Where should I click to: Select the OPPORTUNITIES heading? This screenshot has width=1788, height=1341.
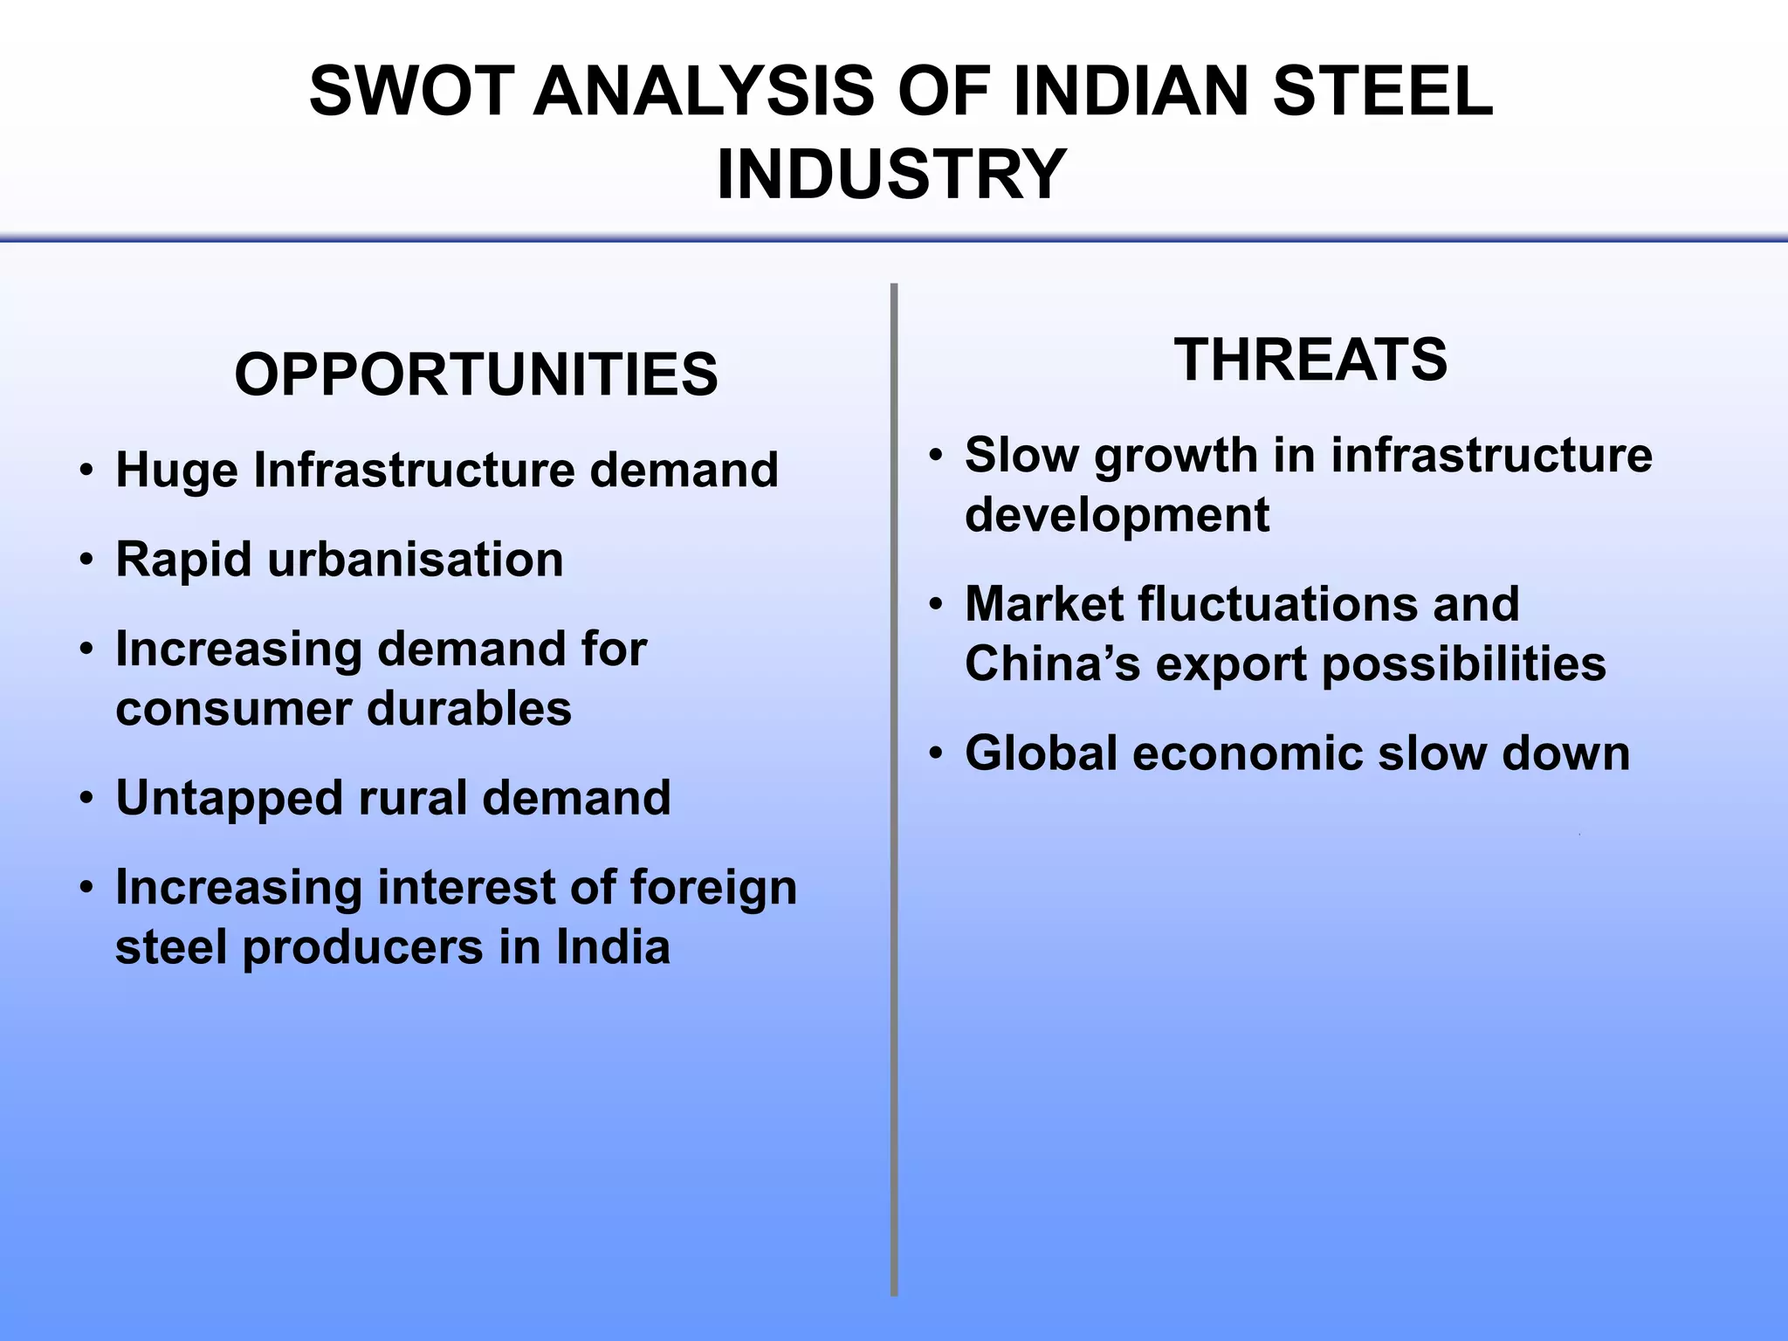point(476,375)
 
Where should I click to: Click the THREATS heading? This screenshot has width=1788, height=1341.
point(1310,360)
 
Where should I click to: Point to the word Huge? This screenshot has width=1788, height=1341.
point(176,471)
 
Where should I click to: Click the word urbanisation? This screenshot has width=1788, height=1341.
point(416,560)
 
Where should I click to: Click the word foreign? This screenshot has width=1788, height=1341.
point(713,889)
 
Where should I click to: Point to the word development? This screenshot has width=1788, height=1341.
point(1117,515)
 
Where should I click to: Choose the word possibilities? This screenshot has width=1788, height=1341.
point(1463,664)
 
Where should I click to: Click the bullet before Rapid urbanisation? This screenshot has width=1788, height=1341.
point(85,560)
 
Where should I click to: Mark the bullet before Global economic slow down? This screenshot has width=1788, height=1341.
point(935,754)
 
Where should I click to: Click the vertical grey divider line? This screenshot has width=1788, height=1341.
point(894,786)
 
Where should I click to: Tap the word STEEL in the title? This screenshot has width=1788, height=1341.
point(1383,92)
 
